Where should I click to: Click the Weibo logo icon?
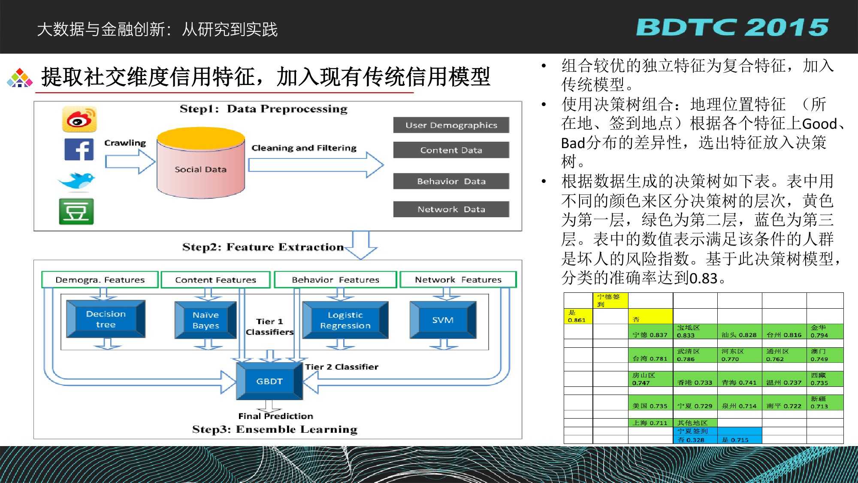coord(79,119)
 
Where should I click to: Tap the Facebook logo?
coord(79,149)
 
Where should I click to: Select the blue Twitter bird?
coord(77,180)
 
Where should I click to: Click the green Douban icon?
coord(76,211)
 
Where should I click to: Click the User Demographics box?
coord(451,125)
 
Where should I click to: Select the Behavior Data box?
coord(451,181)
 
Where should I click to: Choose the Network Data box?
coord(451,210)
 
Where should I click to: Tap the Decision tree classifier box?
coord(106,319)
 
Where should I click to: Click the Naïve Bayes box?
coord(206,320)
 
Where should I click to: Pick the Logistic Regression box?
coord(345,320)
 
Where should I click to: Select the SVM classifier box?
coord(443,320)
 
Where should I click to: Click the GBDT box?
coord(269,381)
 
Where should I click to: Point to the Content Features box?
coord(215,280)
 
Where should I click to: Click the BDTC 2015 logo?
coord(732,27)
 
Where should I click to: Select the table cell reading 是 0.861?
coord(578,316)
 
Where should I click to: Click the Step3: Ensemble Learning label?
coord(275,429)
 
